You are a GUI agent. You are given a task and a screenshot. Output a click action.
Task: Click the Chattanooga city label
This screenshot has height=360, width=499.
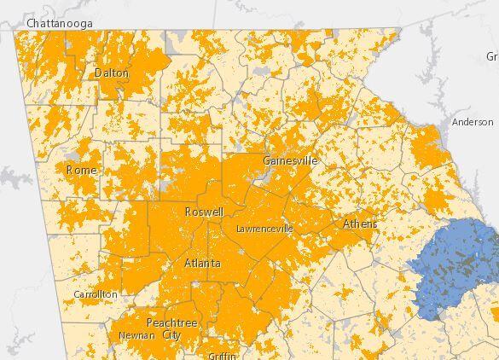click(x=60, y=23)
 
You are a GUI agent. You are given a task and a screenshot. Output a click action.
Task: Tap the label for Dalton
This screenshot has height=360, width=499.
click(x=112, y=73)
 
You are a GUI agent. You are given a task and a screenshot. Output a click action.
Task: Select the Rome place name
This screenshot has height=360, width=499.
click(x=81, y=170)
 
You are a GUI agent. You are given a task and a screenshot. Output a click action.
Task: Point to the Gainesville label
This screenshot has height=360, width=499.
click(x=290, y=160)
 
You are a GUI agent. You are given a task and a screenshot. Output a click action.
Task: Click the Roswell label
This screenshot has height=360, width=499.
click(x=204, y=212)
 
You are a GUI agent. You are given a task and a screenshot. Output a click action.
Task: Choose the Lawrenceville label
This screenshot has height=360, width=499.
click(x=264, y=229)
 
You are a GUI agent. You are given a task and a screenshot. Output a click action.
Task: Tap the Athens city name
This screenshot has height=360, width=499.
click(x=359, y=224)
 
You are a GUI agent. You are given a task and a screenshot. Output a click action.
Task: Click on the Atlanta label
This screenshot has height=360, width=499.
click(x=202, y=264)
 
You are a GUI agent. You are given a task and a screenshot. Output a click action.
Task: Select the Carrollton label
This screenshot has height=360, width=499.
click(x=96, y=294)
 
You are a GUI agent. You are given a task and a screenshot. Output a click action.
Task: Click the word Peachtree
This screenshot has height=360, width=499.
click(x=171, y=323)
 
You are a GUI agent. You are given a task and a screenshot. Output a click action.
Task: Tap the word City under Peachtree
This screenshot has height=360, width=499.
click(x=171, y=335)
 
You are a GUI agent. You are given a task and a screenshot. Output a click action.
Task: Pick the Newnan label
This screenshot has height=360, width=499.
click(x=136, y=335)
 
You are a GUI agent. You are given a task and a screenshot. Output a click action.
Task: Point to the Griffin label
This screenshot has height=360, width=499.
click(x=221, y=355)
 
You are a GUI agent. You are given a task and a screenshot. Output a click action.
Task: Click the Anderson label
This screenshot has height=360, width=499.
click(x=473, y=122)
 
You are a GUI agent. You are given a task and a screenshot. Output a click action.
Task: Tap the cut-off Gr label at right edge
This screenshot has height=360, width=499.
click(x=492, y=56)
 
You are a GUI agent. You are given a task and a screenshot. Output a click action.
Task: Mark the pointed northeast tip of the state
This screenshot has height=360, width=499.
click(x=399, y=30)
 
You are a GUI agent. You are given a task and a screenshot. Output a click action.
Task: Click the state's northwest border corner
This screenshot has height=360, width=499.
click(x=15, y=32)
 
